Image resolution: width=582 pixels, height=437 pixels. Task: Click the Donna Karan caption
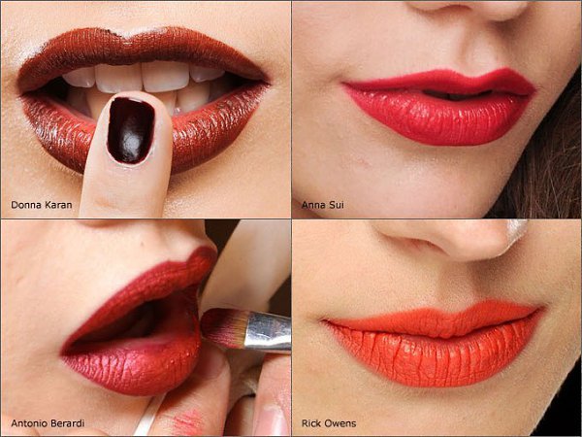click(x=42, y=205)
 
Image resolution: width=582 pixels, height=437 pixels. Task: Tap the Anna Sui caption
click(x=323, y=205)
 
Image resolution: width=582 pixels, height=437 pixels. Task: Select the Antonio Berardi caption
click(x=48, y=423)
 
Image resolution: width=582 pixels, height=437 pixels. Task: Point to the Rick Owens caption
click(x=329, y=423)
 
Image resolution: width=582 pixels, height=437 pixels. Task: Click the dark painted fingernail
click(x=130, y=130)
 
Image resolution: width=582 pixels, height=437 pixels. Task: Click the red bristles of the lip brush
click(x=224, y=327)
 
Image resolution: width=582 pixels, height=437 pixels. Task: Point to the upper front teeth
click(x=143, y=77)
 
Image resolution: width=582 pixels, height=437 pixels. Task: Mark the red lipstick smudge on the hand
click(x=188, y=421)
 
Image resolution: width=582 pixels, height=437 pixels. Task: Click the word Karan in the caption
click(x=58, y=205)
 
